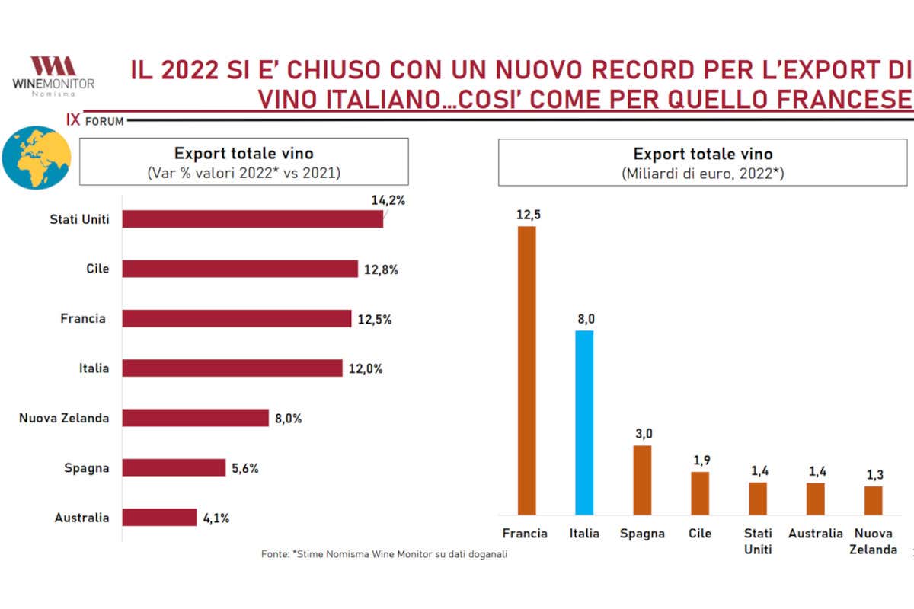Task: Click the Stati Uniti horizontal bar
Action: [252, 219]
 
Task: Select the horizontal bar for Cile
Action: [240, 269]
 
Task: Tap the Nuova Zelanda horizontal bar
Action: [196, 418]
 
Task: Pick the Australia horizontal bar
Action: [159, 518]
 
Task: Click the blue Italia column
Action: [584, 422]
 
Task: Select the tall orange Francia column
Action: [526, 371]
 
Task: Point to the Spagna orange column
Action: [642, 480]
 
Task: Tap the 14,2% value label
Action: [388, 201]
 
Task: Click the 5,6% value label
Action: [245, 468]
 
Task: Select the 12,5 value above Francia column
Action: [526, 215]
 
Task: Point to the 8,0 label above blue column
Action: [584, 319]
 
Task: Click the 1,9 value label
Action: [700, 461]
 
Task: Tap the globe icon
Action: [37, 158]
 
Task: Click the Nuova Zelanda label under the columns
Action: [873, 541]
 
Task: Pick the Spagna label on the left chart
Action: [87, 468]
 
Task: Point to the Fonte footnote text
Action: [384, 554]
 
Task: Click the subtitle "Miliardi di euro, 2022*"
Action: [702, 174]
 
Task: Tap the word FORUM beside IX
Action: [104, 121]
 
